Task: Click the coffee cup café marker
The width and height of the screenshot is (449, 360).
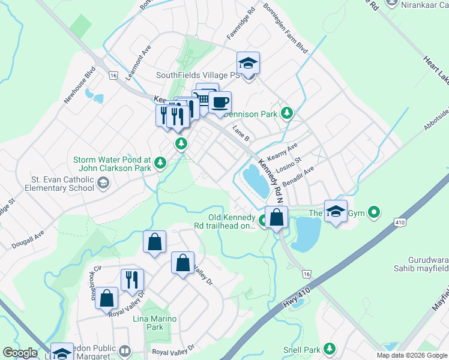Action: [x=220, y=102]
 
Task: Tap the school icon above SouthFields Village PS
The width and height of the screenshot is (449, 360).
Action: [x=248, y=63]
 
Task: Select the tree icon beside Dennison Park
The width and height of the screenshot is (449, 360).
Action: [x=288, y=113]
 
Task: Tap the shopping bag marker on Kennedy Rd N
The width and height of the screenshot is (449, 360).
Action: [x=276, y=217]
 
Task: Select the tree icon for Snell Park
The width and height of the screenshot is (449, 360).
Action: [x=329, y=349]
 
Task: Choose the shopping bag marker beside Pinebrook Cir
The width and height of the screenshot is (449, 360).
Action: [x=107, y=299]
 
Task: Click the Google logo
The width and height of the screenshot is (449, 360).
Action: [x=20, y=353]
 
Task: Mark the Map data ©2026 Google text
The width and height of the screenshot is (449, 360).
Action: [x=412, y=355]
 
